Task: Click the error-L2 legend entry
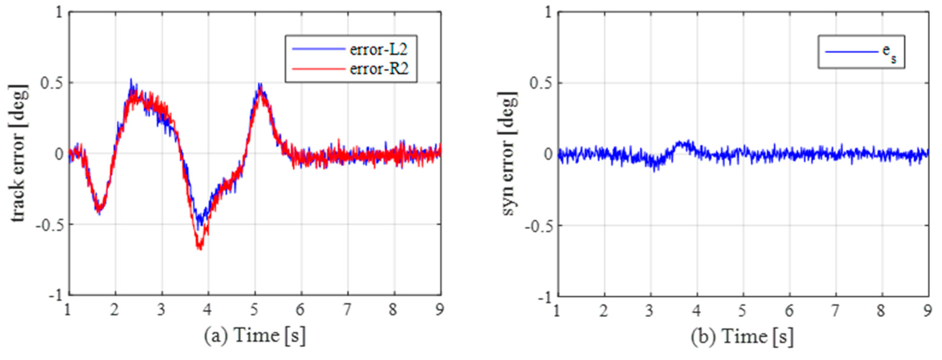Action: point(378,49)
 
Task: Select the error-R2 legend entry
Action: point(379,69)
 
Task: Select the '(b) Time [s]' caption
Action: point(742,336)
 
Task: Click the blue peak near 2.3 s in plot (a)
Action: point(131,80)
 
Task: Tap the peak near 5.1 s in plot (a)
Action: point(260,85)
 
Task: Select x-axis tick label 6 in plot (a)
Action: point(300,310)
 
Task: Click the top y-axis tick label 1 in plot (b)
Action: point(547,13)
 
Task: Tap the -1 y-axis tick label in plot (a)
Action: point(56,296)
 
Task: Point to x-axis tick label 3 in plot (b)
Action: point(650,311)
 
